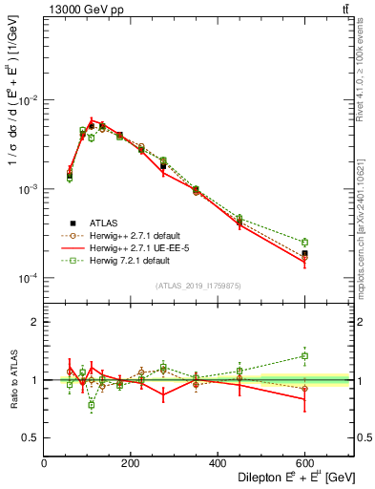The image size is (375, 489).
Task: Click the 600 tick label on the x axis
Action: tap(304, 464)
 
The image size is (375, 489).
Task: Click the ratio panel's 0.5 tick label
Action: tap(33, 437)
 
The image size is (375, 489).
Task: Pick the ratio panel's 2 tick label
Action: tap(37, 322)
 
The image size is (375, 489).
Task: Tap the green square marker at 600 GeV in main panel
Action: tap(304, 243)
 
